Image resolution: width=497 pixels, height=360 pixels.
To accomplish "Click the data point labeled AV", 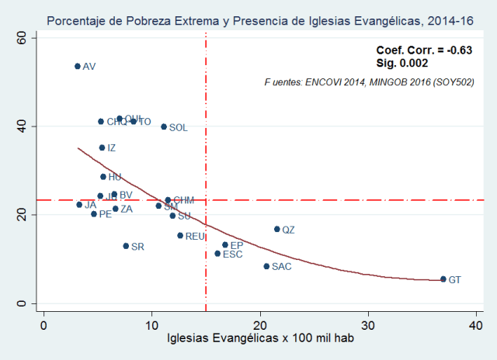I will (78, 66).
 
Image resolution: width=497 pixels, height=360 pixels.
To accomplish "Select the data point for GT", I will (443, 279).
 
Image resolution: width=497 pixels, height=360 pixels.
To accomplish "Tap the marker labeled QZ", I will (276, 229).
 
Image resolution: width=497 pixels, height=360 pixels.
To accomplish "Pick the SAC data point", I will (266, 266).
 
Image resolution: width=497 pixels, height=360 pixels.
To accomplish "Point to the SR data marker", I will (126, 246).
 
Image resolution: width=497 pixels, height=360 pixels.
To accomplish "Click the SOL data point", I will (164, 126).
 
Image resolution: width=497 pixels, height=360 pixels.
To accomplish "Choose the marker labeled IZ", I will (102, 147).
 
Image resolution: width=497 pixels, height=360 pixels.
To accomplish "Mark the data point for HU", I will (103, 177).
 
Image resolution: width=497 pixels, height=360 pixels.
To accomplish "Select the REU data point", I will (180, 235).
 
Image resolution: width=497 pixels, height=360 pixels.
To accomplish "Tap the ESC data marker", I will (217, 254).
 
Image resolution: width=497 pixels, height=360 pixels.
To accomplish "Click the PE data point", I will (94, 213).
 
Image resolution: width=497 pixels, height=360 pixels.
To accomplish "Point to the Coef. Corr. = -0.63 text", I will (424, 50).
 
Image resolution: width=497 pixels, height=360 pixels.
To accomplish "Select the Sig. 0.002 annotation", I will (396, 63).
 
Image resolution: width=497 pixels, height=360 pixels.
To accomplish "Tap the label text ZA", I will (127, 209).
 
